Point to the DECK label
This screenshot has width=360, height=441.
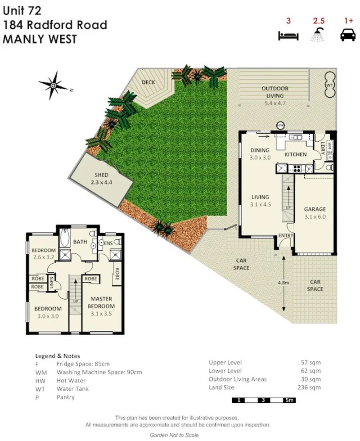pos(148,82)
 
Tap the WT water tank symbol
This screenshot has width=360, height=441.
pos(330,84)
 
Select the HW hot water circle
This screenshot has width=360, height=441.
pos(280,126)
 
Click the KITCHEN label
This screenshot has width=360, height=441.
pos(296,154)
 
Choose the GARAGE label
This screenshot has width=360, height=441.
pos(315,209)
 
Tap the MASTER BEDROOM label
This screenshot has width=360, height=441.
pos(101,302)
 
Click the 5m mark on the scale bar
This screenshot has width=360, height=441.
pos(288,400)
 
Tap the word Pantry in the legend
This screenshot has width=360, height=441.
pos(66,397)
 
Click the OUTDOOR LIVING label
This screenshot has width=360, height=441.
pos(275,92)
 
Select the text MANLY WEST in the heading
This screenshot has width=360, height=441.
pos(40,39)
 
